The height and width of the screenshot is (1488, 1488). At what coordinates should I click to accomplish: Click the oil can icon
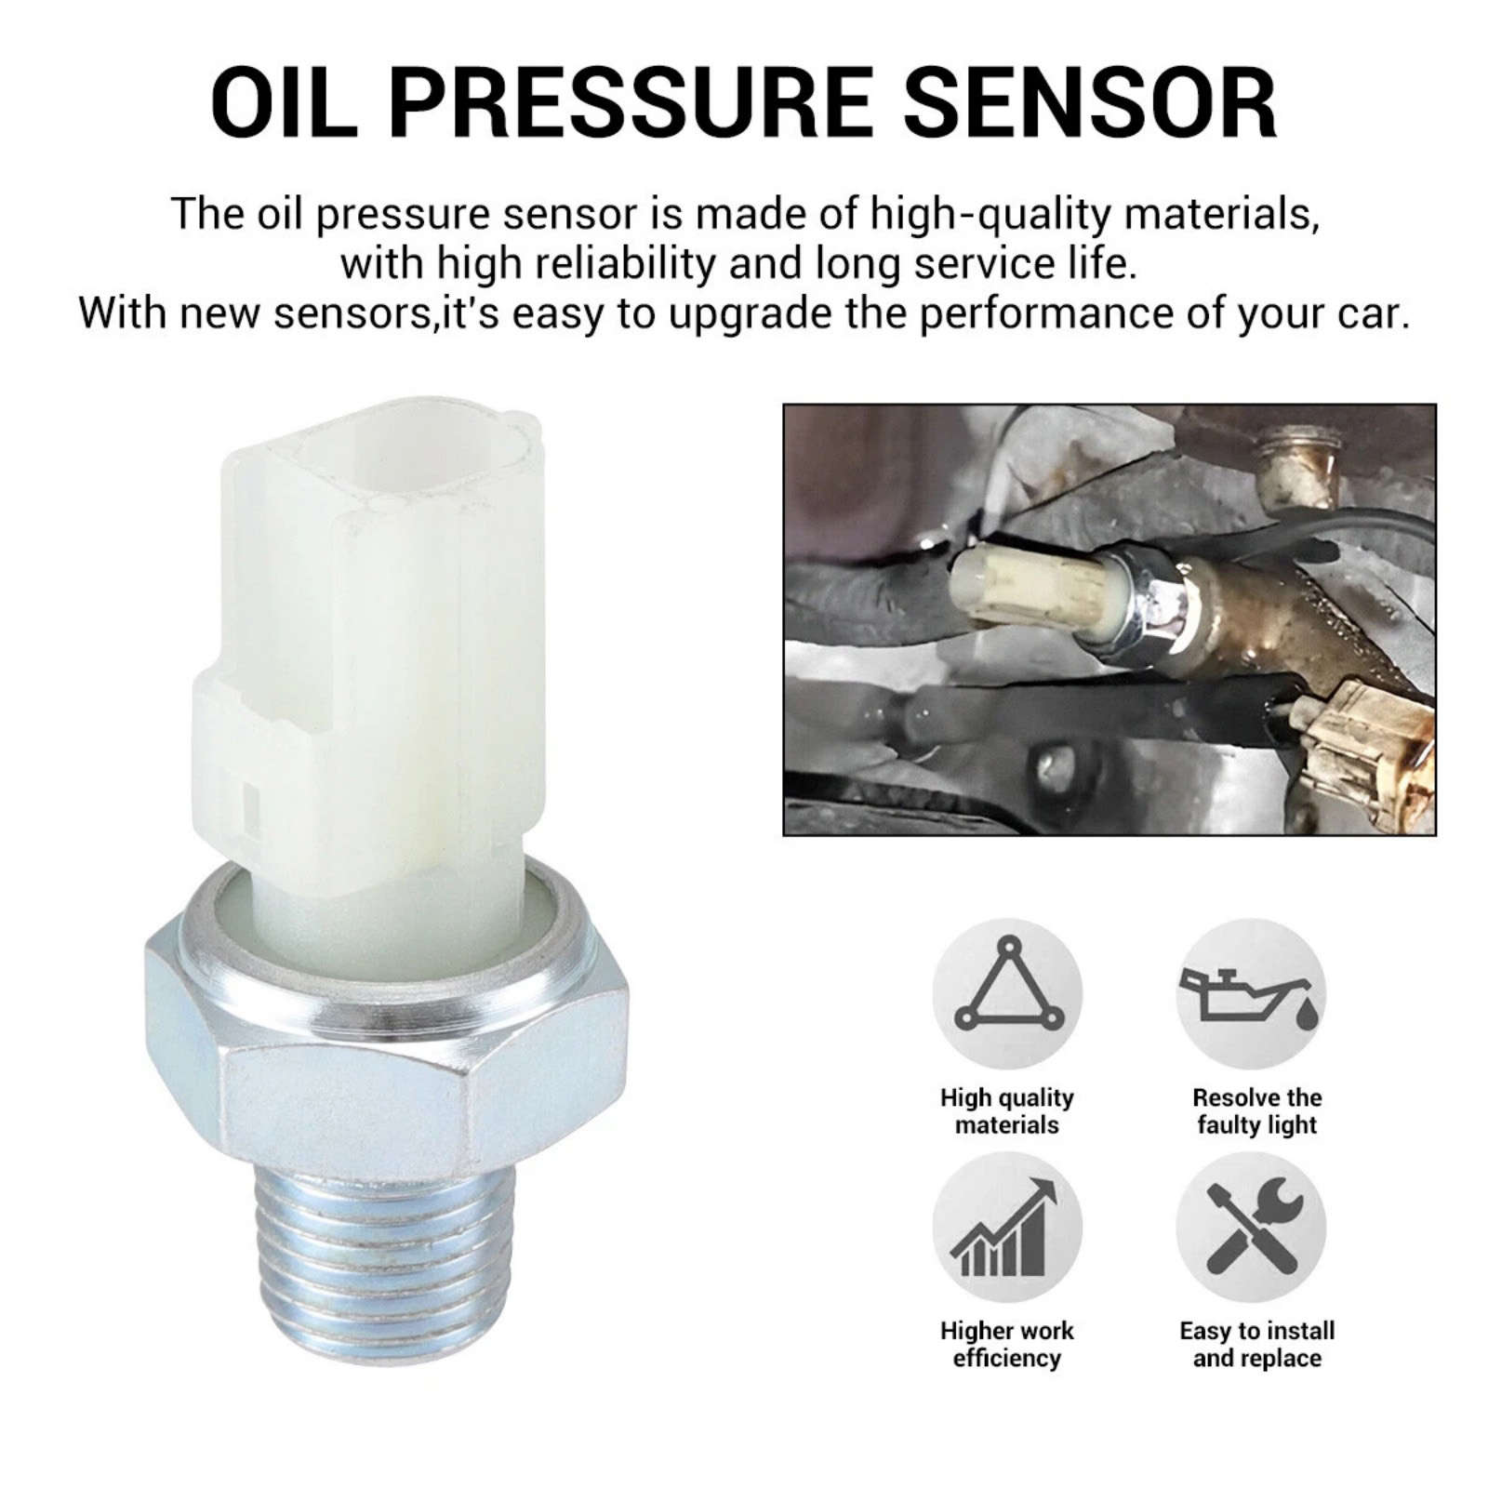point(1251,993)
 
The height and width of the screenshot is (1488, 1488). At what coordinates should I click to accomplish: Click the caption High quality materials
point(1007,1110)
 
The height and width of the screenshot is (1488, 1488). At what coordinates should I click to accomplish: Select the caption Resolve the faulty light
point(1257,1110)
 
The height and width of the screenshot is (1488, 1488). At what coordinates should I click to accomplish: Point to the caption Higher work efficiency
point(1007,1344)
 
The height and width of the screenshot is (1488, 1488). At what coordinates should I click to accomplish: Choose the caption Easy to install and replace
point(1257,1344)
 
